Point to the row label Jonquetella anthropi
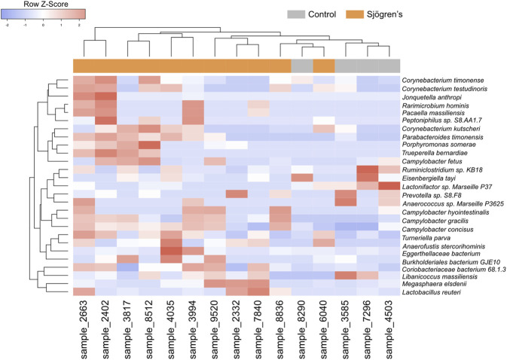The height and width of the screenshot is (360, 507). pos(434,97)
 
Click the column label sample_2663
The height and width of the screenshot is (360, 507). pos(84,332)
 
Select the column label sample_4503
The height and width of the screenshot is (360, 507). pos(389,332)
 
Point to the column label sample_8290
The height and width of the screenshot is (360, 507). pos(302,332)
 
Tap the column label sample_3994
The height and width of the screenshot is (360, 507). pos(194,332)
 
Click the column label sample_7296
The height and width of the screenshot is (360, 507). pos(368,332)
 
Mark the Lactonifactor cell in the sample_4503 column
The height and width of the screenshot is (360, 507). pos(389,186)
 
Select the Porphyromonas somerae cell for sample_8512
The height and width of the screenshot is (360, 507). pos(149,145)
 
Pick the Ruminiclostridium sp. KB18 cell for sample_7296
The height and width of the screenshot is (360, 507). pos(368,170)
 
